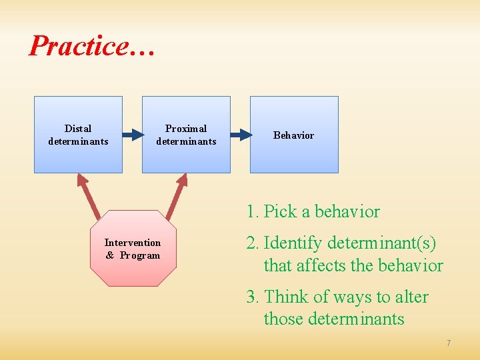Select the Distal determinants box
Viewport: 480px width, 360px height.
(x=78, y=135)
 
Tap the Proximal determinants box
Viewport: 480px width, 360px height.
(x=186, y=135)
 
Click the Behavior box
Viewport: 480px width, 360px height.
(x=294, y=135)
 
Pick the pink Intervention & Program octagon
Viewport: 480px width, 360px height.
(x=133, y=248)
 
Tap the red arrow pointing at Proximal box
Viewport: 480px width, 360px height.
(x=177, y=195)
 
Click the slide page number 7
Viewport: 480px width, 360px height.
(x=449, y=343)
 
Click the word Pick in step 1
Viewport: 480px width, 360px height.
(x=279, y=212)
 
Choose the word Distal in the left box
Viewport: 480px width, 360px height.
(x=78, y=129)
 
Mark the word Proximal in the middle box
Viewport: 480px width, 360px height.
(x=186, y=129)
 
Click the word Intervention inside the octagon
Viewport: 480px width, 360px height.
(x=133, y=243)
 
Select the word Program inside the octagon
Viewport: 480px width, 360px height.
(x=140, y=255)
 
